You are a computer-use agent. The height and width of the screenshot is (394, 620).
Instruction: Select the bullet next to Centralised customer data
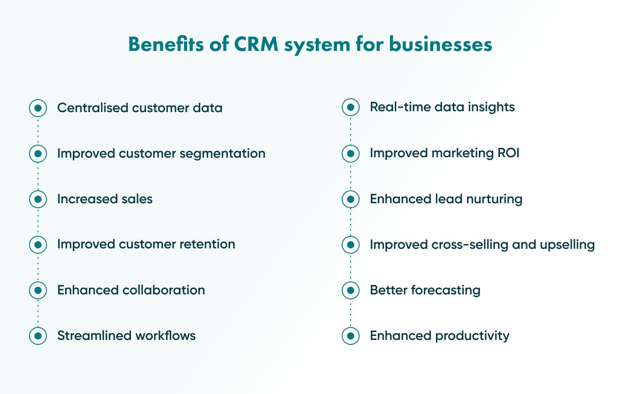[38, 108]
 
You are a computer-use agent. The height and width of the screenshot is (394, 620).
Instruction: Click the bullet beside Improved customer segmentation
[38, 154]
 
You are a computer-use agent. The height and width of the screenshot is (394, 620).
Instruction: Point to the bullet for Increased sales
[38, 199]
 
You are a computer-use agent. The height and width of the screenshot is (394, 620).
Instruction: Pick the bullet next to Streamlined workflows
[38, 335]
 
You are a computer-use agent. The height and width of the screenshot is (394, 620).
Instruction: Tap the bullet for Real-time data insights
[351, 107]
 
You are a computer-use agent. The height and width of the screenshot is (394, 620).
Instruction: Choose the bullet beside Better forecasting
[351, 290]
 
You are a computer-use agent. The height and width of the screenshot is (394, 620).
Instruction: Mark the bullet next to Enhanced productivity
[351, 335]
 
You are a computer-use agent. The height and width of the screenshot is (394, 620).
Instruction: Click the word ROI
[508, 153]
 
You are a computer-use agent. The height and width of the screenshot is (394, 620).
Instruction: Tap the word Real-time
[394, 107]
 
